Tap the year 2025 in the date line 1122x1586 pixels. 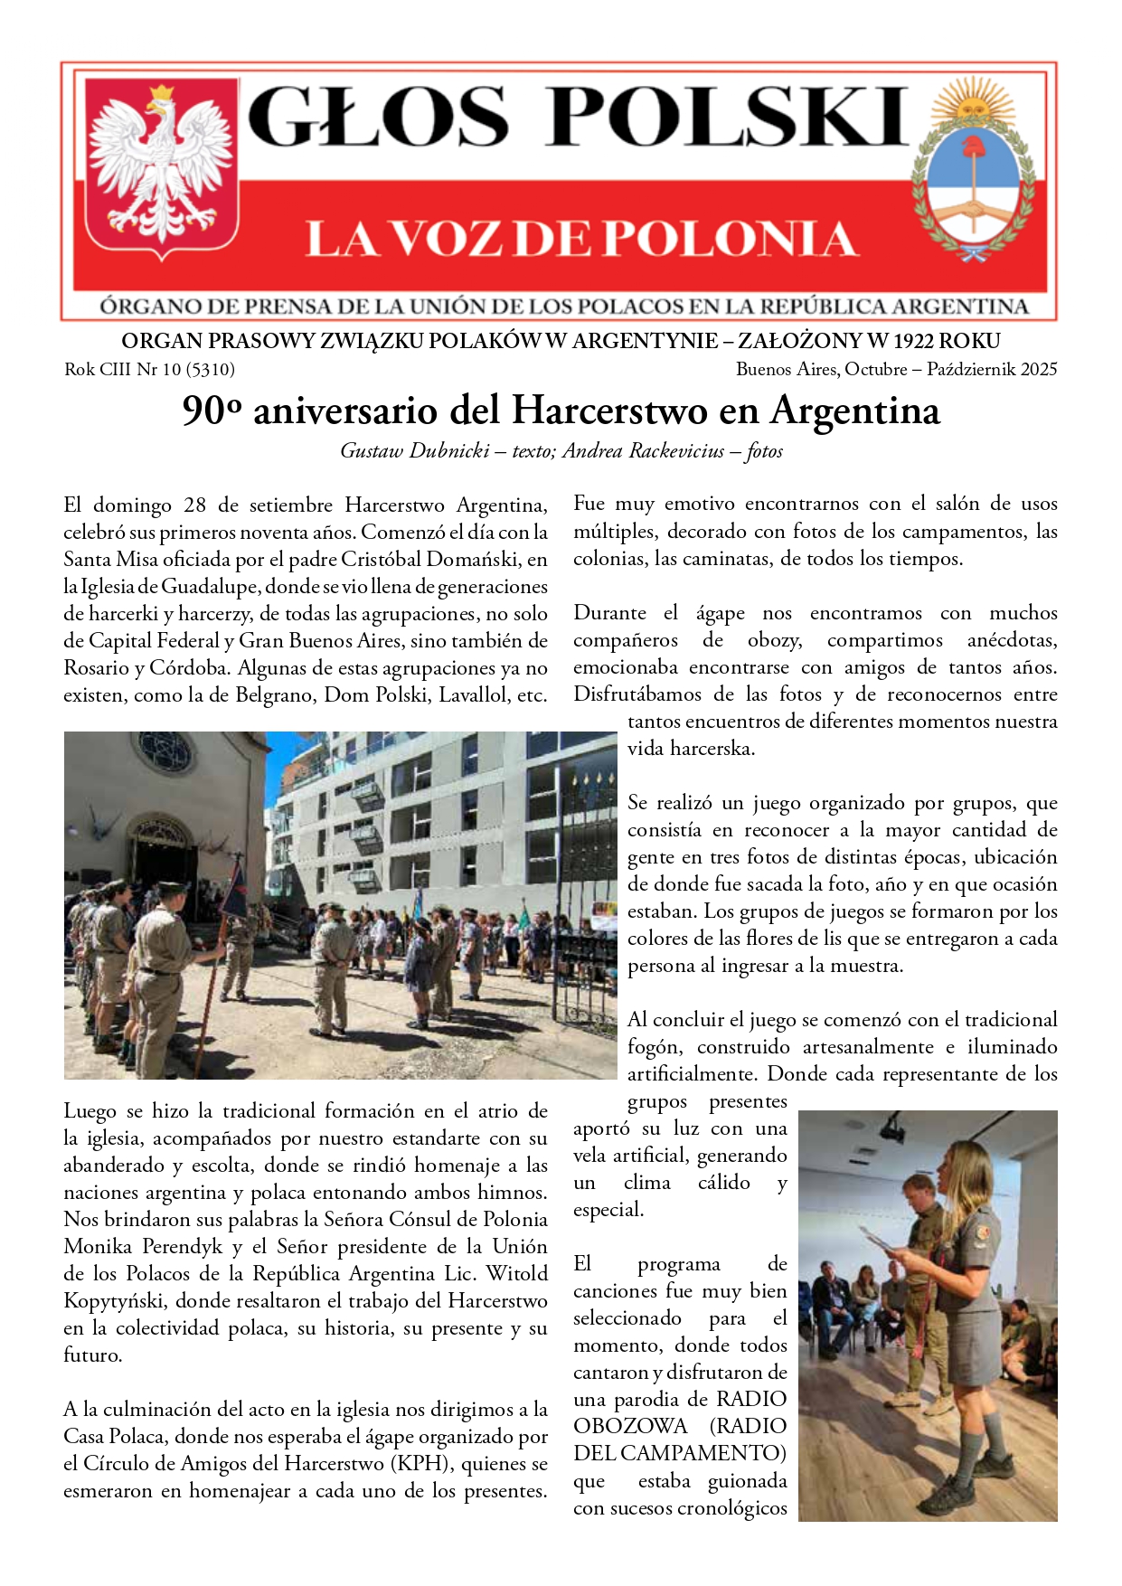[1037, 369]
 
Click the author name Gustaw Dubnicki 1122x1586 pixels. [414, 450]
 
